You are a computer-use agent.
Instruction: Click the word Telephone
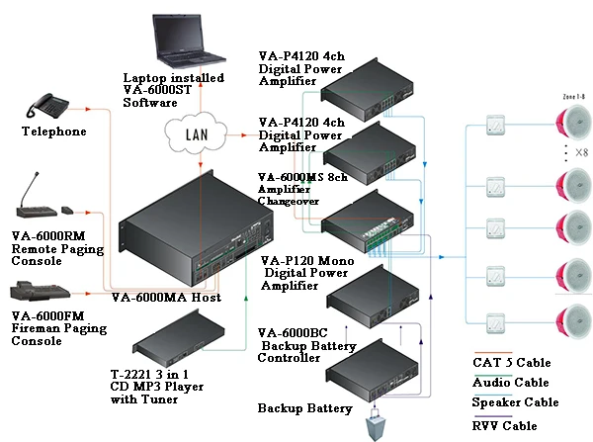pos(53,132)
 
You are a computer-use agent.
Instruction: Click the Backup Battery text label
pos(304,407)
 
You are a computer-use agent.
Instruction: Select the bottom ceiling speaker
pos(574,322)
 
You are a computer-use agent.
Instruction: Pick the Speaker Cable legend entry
pos(515,402)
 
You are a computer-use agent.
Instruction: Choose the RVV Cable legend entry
pos(505,425)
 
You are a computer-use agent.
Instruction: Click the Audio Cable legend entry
pos(509,382)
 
